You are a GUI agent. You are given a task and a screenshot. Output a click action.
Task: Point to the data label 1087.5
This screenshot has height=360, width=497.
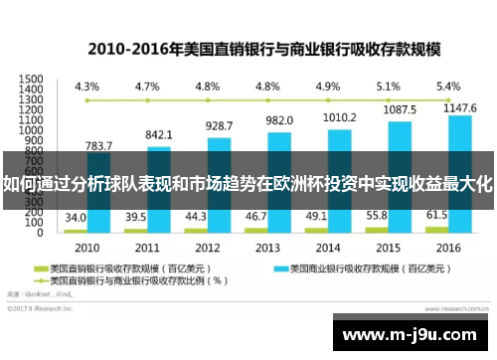400,111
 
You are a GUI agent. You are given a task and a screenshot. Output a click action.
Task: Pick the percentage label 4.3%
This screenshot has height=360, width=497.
87,86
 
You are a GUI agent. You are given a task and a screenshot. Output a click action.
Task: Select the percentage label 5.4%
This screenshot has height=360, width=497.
448,86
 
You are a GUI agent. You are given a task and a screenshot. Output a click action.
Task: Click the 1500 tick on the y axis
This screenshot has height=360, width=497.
31,79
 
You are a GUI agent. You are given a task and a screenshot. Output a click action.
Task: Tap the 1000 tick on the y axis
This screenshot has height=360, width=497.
31,130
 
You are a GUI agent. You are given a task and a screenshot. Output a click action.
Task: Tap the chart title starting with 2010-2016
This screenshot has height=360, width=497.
248,47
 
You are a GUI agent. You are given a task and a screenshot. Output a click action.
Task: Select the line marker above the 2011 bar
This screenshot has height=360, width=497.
147,100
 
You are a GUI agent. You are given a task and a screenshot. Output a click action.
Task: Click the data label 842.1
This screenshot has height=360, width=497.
159,134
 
